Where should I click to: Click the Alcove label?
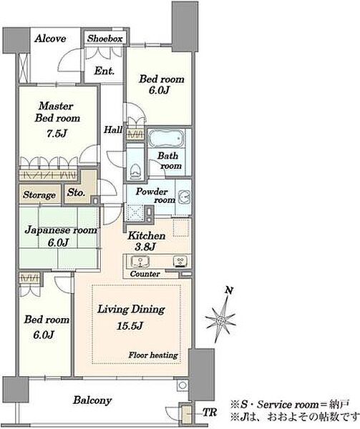(x=50, y=39)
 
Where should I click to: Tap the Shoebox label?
(x=105, y=39)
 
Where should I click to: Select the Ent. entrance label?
(x=104, y=71)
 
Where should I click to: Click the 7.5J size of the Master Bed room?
(x=57, y=133)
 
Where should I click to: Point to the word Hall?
(x=113, y=129)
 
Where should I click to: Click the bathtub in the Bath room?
(x=166, y=138)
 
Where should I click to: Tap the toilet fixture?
(x=135, y=172)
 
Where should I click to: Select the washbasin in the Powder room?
(x=184, y=197)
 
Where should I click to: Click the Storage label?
(x=39, y=195)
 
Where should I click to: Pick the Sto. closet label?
(x=76, y=192)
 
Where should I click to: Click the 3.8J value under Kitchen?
(x=145, y=247)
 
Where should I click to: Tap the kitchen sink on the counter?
(x=140, y=262)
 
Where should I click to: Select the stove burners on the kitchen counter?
(x=180, y=262)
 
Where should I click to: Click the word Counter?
(x=145, y=274)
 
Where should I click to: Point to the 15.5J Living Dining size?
(x=130, y=326)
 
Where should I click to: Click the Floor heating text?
(x=153, y=355)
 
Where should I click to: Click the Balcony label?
(x=92, y=400)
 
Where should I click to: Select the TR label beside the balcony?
(x=210, y=412)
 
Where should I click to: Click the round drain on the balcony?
(x=183, y=385)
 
